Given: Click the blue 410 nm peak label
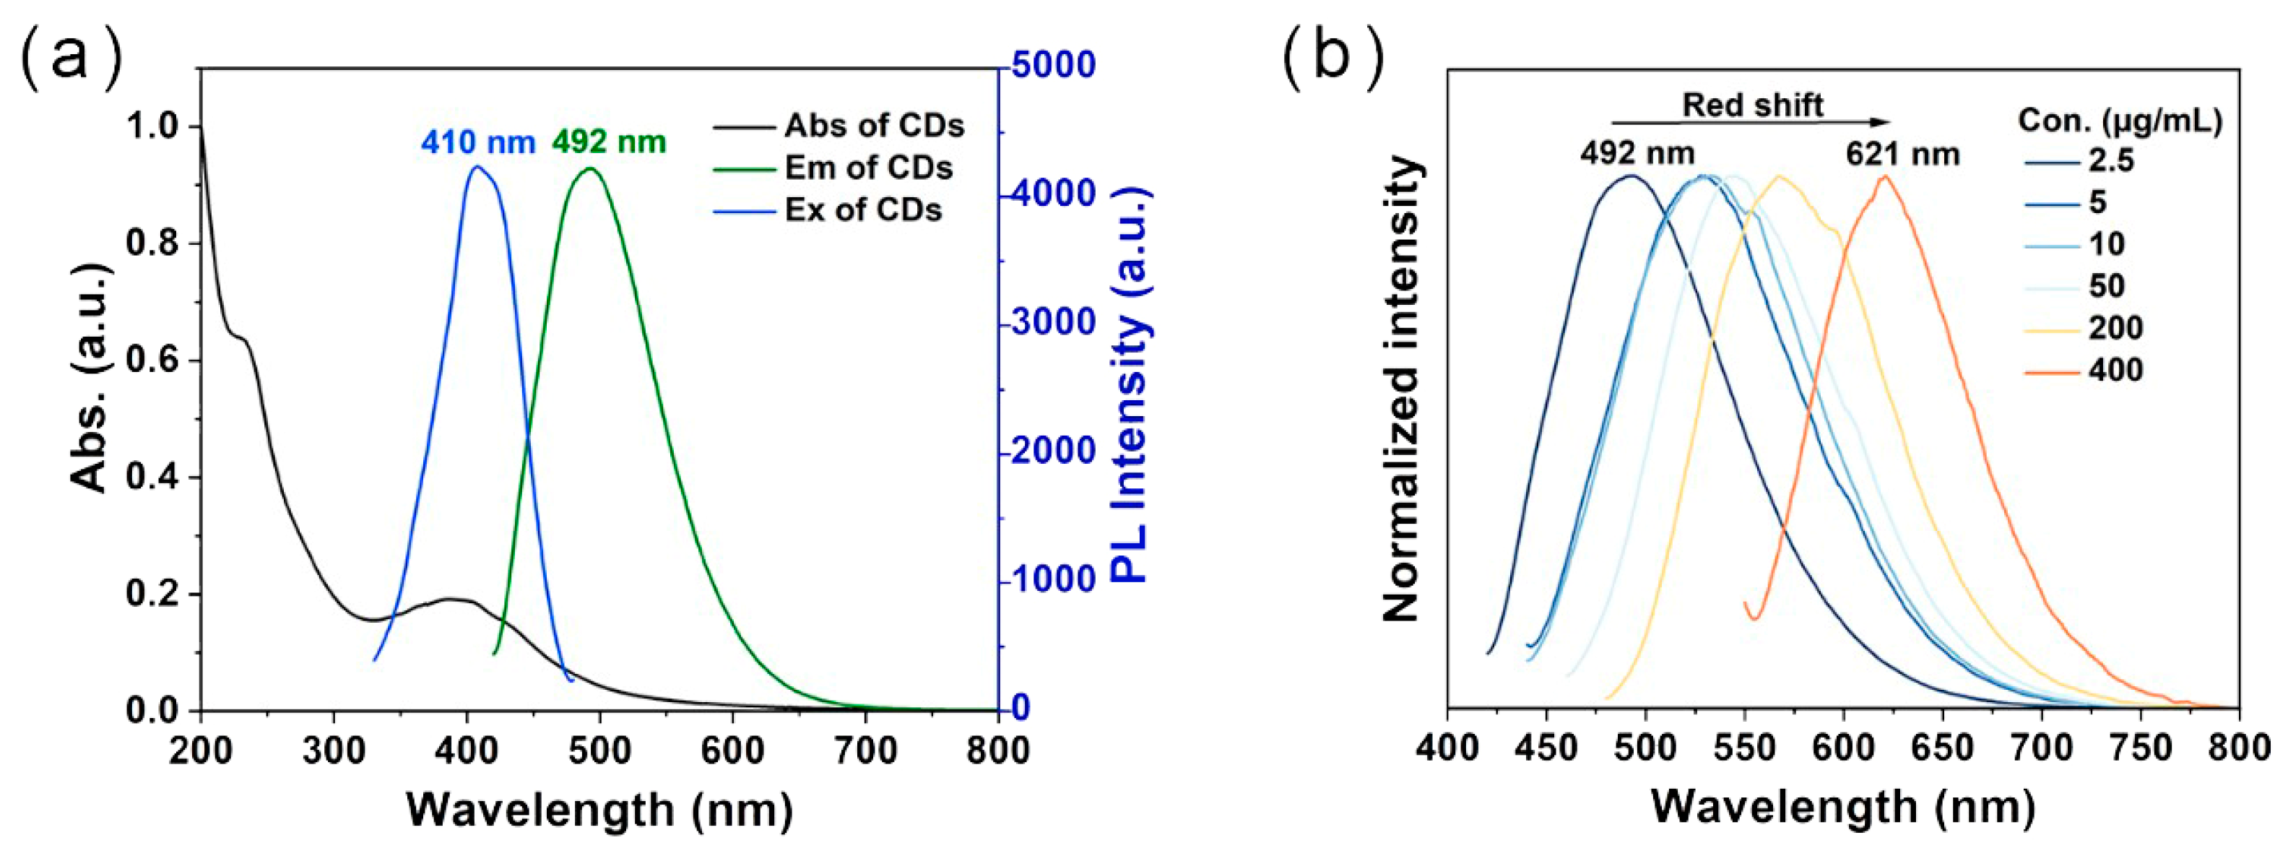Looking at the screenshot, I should pyautogui.click(x=478, y=142).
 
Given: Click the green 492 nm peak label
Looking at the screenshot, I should pyautogui.click(x=610, y=142).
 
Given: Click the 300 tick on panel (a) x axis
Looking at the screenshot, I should pyautogui.click(x=333, y=751).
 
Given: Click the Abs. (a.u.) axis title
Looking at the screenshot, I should pyautogui.click(x=90, y=377).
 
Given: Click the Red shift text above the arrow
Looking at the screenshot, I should pyautogui.click(x=1752, y=105).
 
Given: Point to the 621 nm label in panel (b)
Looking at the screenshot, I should pyautogui.click(x=1902, y=155).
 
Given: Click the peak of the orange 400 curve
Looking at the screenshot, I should pyautogui.click(x=1884, y=177).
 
